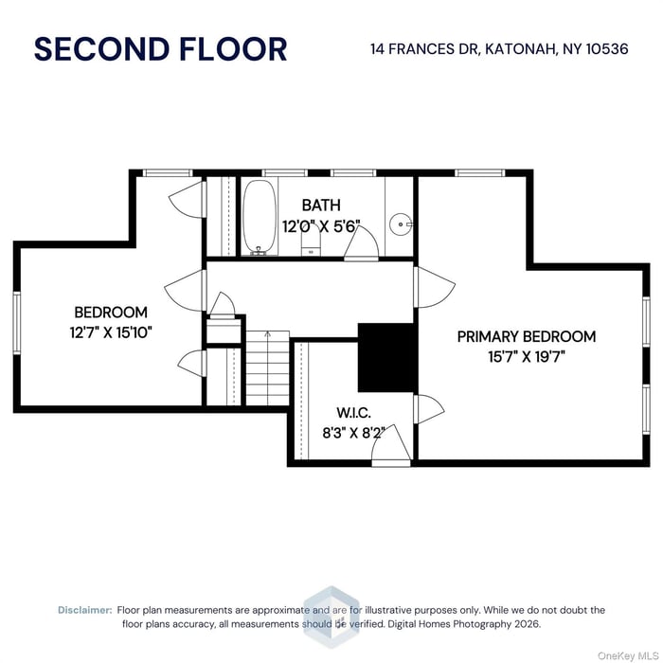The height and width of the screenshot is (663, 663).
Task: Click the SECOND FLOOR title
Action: (160, 48)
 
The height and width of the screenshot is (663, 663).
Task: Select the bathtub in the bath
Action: (259, 217)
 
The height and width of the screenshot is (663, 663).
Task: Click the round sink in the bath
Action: (402, 224)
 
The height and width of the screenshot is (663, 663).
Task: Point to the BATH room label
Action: (321, 205)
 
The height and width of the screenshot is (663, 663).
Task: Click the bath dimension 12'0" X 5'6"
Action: (321, 225)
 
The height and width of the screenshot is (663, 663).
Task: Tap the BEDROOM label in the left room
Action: (111, 312)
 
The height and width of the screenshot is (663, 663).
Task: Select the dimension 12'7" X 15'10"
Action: (111, 332)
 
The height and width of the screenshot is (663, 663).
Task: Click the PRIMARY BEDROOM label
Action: (526, 336)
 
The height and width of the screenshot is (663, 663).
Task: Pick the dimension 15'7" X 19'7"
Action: (526, 357)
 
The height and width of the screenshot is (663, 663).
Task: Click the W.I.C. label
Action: (353, 413)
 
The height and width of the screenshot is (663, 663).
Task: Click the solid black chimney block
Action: (386, 357)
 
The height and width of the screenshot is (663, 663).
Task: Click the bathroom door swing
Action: (363, 243)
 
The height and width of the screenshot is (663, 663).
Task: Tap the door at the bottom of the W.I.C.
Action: (390, 448)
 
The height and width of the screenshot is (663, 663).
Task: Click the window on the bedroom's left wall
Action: (16, 322)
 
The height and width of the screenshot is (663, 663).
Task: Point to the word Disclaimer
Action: (85, 610)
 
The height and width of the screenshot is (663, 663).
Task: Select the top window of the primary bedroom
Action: (478, 173)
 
